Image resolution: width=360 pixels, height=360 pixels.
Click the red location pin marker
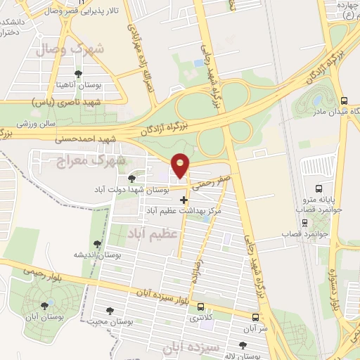(181, 166)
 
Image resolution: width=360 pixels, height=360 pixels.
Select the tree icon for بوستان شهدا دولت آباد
(132, 179)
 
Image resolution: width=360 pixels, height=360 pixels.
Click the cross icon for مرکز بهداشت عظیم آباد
(184, 200)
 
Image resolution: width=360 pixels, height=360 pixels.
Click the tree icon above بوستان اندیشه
(98, 245)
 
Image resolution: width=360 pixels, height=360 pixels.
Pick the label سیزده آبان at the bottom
(190, 347)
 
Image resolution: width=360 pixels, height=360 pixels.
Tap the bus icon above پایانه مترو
(319, 188)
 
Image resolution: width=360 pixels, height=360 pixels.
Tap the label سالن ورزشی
(37, 123)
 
